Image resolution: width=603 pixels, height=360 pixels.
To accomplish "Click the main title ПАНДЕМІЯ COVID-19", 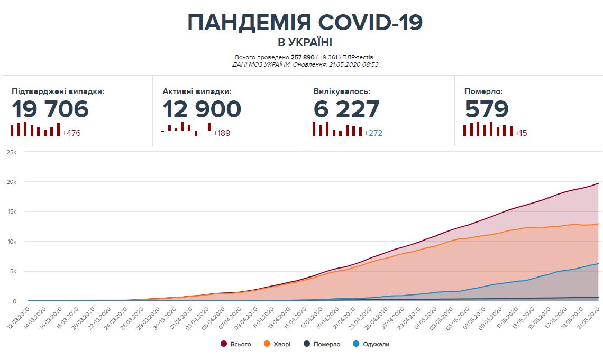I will pos(305,23).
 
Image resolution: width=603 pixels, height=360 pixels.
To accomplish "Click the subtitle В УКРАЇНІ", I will pos(305,42).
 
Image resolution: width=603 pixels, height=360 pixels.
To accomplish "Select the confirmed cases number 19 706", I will pos(50,109).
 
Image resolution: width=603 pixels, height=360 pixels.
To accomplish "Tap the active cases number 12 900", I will pos(202,109).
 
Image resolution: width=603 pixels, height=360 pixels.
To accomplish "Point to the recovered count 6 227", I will pos(346,109).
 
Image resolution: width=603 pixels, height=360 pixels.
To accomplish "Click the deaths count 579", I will pos(487,109).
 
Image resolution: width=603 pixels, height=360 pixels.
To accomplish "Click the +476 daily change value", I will pos(71,133).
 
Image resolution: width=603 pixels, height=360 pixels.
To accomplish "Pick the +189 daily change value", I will pos(222,133).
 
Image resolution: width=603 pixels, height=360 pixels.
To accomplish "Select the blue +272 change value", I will pos(373,133).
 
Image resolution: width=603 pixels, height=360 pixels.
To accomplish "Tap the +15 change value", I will pos(521,133).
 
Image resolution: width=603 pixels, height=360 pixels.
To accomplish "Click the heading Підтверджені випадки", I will pos(58,91).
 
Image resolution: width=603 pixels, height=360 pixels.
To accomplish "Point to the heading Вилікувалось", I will pos(342,91).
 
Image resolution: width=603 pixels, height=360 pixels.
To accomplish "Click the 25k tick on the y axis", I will pos(11,152).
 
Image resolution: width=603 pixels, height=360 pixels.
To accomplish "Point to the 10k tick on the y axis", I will pos(11,242).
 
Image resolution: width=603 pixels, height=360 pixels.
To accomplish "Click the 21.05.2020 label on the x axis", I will pos(588,317).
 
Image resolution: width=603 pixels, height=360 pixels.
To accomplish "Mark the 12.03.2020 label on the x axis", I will pos(19,317).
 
